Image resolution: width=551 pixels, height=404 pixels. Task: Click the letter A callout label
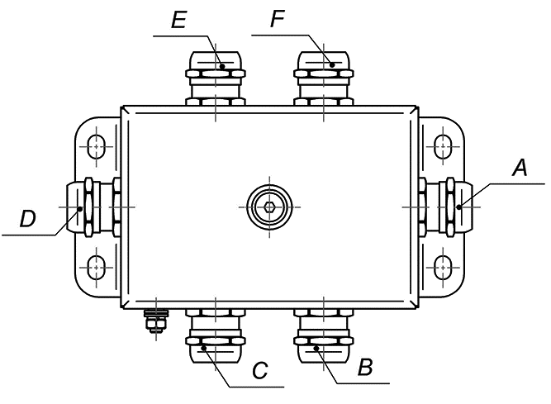tap(519, 168)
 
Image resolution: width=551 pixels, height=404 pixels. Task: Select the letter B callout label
tap(364, 367)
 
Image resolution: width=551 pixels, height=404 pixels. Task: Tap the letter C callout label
tap(259, 370)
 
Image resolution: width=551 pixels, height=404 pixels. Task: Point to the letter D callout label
tap(28, 219)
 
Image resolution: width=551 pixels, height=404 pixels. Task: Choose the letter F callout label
tap(278, 21)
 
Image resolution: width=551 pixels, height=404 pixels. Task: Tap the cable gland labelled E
tap(215, 78)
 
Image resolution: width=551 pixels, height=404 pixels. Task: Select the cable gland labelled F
tap(324, 78)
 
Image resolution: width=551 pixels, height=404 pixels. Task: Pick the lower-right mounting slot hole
tap(444, 266)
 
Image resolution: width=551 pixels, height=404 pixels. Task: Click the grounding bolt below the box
tap(153, 321)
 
